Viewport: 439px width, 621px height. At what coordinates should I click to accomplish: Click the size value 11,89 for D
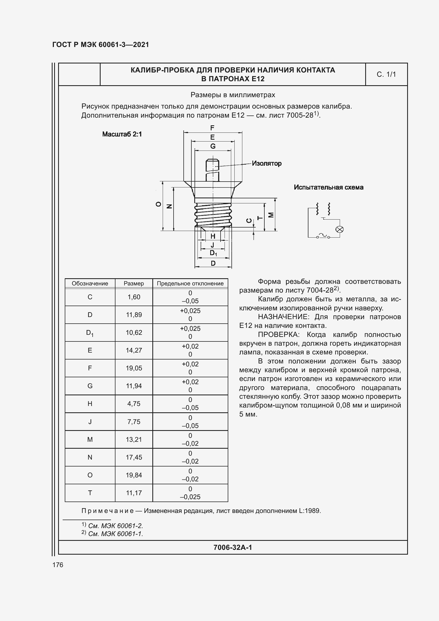tap(134, 315)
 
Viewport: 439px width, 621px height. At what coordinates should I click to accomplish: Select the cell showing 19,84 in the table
tap(134, 475)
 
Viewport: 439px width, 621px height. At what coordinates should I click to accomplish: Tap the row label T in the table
tap(90, 493)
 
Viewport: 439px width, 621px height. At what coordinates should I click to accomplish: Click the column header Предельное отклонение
tap(190, 284)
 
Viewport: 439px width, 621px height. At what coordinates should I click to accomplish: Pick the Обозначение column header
tap(90, 284)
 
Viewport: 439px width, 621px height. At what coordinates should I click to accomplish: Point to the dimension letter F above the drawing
tap(213, 128)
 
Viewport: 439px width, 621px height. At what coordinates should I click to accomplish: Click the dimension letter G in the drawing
tap(213, 146)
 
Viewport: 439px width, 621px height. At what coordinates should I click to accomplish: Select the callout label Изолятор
tap(266, 163)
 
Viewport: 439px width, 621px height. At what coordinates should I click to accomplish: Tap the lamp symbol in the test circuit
tap(339, 229)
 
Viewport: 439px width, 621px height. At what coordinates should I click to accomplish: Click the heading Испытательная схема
tap(328, 187)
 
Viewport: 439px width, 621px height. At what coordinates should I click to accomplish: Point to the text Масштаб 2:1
tap(122, 134)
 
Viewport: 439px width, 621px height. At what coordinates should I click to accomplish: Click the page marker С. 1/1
tap(386, 74)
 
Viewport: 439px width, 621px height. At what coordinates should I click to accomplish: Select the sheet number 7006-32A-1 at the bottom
tap(233, 547)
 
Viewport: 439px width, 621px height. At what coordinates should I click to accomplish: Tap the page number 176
tap(58, 565)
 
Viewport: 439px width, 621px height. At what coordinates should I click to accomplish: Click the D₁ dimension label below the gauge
tap(213, 253)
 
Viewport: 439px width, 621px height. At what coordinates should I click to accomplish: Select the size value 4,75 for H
tap(134, 404)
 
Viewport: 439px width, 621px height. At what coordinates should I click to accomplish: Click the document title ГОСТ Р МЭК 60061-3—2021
tap(101, 45)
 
